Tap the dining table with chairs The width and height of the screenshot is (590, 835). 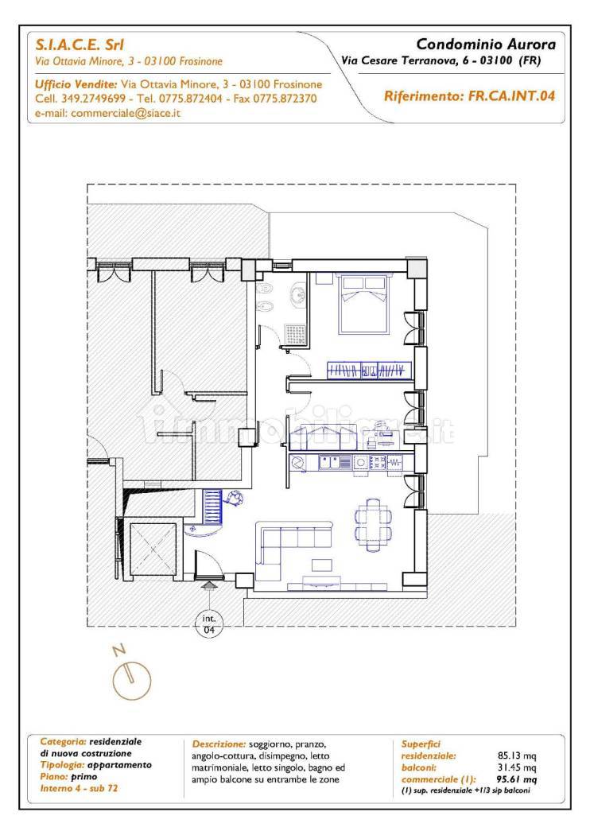tap(373, 525)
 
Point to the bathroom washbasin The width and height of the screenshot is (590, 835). tap(299, 294)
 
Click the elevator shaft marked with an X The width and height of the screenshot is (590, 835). tap(153, 550)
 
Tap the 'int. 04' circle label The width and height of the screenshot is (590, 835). tap(209, 623)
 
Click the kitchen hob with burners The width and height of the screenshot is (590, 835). tap(378, 462)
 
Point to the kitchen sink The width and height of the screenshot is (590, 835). tap(331, 462)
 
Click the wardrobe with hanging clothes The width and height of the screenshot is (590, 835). tap(370, 371)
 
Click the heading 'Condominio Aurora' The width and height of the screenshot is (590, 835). tap(486, 45)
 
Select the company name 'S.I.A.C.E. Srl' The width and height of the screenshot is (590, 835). tap(80, 45)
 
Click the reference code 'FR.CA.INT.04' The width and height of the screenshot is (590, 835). tap(511, 96)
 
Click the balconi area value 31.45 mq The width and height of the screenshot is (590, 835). tap(517, 767)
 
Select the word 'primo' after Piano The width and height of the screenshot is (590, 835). tap(84, 777)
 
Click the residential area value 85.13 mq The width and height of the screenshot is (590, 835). tap(517, 755)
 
